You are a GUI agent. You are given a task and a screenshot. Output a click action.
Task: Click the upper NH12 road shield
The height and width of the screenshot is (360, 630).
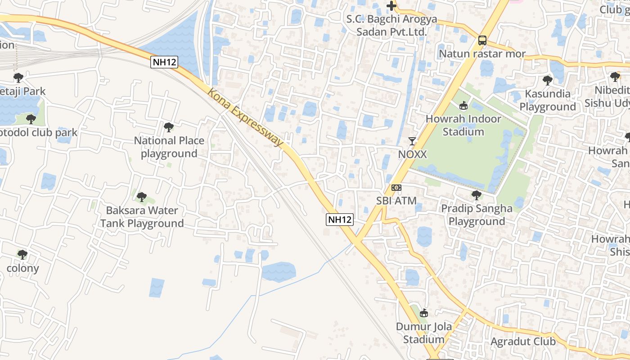pyautogui.click(x=164, y=62)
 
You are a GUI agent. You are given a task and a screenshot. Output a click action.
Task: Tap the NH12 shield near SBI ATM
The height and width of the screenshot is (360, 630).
pyautogui.click(x=340, y=220)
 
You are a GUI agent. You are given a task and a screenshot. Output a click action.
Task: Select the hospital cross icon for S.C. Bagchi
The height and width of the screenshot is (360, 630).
pyautogui.click(x=392, y=6)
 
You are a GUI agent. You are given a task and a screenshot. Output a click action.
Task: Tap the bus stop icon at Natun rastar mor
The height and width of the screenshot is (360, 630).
pyautogui.click(x=482, y=40)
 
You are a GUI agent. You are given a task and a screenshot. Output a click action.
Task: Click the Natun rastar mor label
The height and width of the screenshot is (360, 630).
pyautogui.click(x=482, y=54)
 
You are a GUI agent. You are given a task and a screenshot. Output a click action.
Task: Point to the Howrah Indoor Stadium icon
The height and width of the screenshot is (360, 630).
pyautogui.click(x=463, y=106)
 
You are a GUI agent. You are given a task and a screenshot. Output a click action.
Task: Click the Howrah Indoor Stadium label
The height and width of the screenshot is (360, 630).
pyautogui.click(x=463, y=126)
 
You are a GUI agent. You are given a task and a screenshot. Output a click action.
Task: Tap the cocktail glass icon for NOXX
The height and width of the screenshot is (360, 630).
pyautogui.click(x=412, y=141)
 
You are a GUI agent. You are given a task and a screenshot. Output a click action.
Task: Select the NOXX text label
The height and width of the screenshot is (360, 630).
pyautogui.click(x=412, y=154)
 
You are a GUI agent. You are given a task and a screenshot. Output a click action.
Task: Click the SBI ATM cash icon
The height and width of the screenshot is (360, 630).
pyautogui.click(x=396, y=187)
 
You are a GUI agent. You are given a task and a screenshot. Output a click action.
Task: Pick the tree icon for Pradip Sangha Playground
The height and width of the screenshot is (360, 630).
pyautogui.click(x=477, y=195)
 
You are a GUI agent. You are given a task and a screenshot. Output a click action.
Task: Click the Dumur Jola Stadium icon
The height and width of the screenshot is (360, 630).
pyautogui.click(x=423, y=313)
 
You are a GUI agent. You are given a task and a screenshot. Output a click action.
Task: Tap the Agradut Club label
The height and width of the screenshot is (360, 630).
pyautogui.click(x=523, y=342)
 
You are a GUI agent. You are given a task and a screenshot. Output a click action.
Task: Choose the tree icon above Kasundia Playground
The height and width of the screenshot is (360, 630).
pyautogui.click(x=547, y=81)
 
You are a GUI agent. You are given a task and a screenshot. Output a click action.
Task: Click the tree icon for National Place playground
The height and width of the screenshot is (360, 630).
pyautogui.click(x=169, y=127)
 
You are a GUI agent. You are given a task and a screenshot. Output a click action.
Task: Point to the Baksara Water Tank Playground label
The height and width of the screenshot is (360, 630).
pyautogui.click(x=142, y=217)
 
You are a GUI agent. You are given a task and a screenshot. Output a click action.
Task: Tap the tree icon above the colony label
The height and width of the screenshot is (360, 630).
pyautogui.click(x=22, y=255)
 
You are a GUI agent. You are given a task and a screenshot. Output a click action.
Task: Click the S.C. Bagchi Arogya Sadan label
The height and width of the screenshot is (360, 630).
pyautogui.click(x=391, y=26)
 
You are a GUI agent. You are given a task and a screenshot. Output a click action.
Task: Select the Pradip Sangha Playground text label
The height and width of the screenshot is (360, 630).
pyautogui.click(x=477, y=215)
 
